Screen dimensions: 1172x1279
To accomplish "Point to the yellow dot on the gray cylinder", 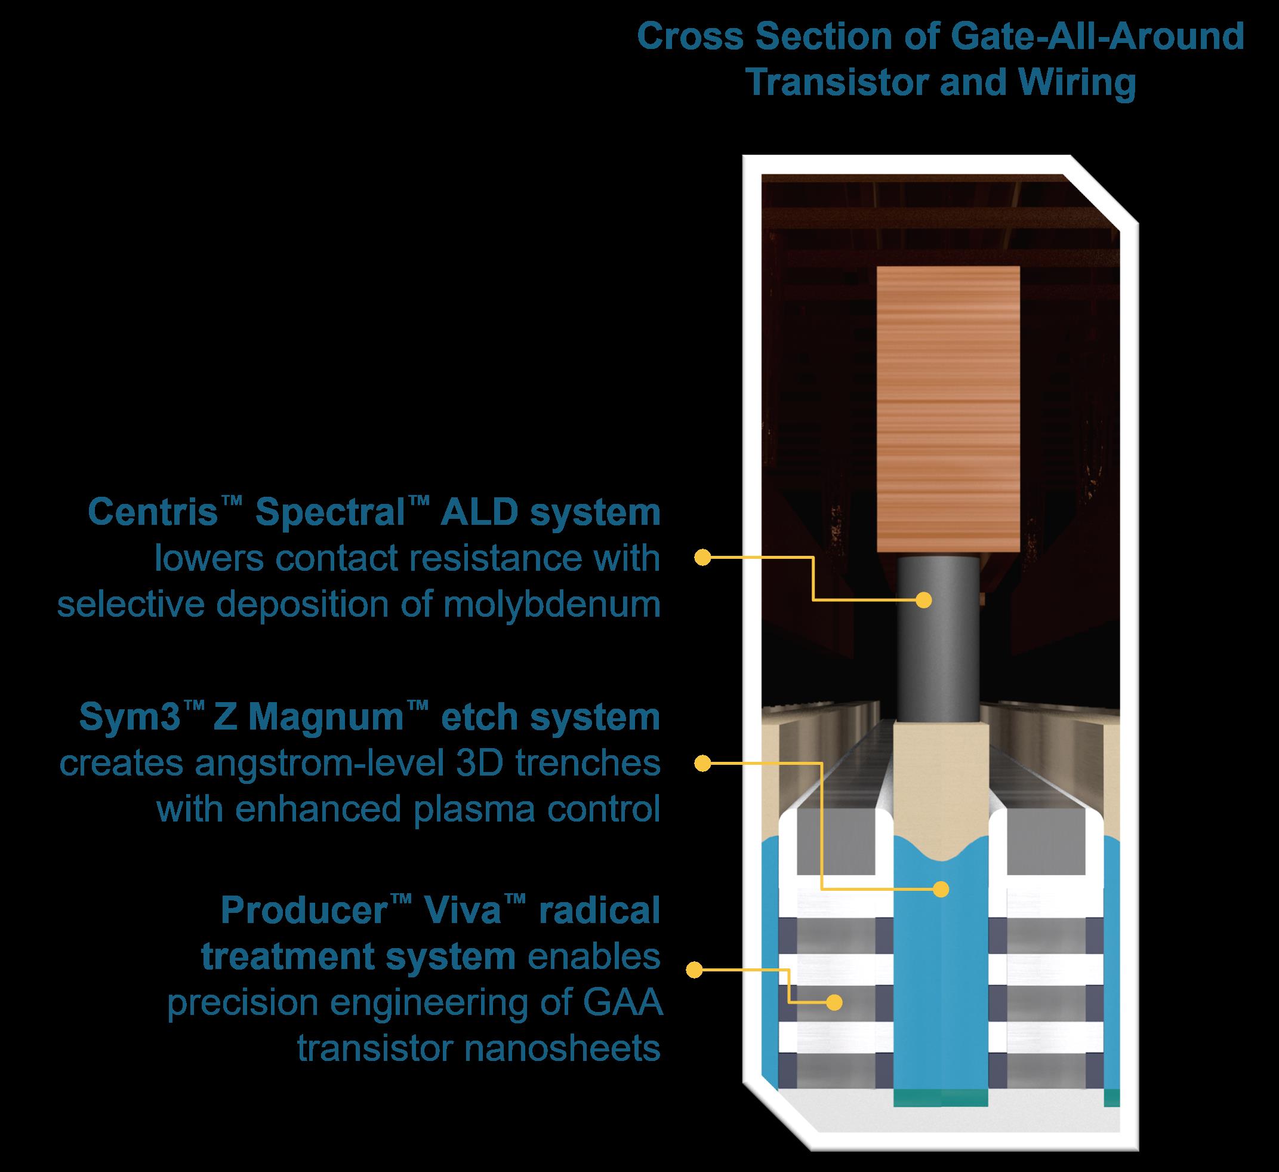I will pyautogui.click(x=924, y=599).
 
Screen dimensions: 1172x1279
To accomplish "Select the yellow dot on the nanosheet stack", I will pyautogui.click(x=836, y=1002).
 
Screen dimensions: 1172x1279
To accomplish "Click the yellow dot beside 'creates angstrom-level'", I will pyautogui.click(x=702, y=764).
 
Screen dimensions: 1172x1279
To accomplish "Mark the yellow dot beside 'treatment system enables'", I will pyautogui.click(x=695, y=970).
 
